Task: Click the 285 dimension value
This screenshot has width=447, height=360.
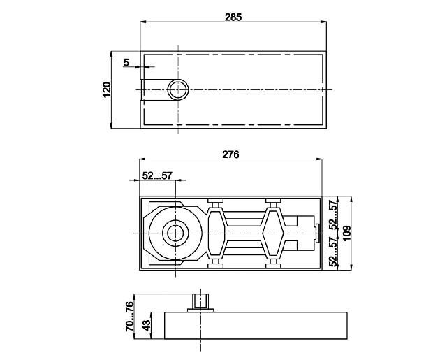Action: coord(233,16)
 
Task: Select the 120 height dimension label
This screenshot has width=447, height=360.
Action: coord(106,89)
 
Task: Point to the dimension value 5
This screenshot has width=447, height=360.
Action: coord(126,62)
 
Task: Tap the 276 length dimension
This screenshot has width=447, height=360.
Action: coord(230,155)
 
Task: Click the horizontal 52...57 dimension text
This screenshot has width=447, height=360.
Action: coord(157,176)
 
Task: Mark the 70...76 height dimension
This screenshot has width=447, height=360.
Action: coord(129,317)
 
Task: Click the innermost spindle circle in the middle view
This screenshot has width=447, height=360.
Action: coord(173,233)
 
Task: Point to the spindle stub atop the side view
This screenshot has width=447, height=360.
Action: coord(202,302)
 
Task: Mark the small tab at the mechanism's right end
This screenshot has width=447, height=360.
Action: coord(318,233)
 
